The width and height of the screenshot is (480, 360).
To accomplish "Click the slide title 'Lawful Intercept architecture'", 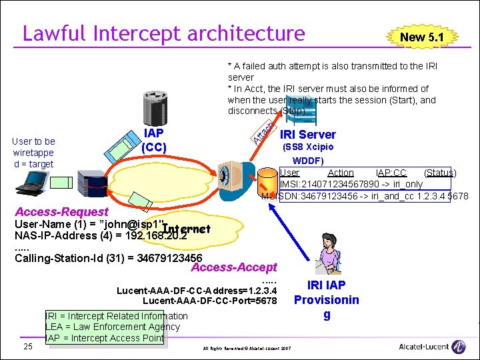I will pyautogui.click(x=163, y=33).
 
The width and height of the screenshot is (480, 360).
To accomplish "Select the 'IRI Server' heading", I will pyautogui.click(x=308, y=135).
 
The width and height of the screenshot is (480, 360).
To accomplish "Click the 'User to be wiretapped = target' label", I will pyautogui.click(x=33, y=153).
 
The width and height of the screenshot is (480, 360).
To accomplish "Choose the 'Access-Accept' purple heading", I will pyautogui.click(x=233, y=267).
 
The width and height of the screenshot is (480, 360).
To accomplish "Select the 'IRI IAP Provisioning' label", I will pyautogui.click(x=326, y=299).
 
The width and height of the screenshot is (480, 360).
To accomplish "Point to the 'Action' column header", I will pyautogui.click(x=341, y=173).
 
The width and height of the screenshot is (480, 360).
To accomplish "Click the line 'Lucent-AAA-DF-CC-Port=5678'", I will pyautogui.click(x=209, y=301).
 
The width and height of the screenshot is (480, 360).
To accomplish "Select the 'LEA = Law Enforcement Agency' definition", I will pyautogui.click(x=113, y=327).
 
